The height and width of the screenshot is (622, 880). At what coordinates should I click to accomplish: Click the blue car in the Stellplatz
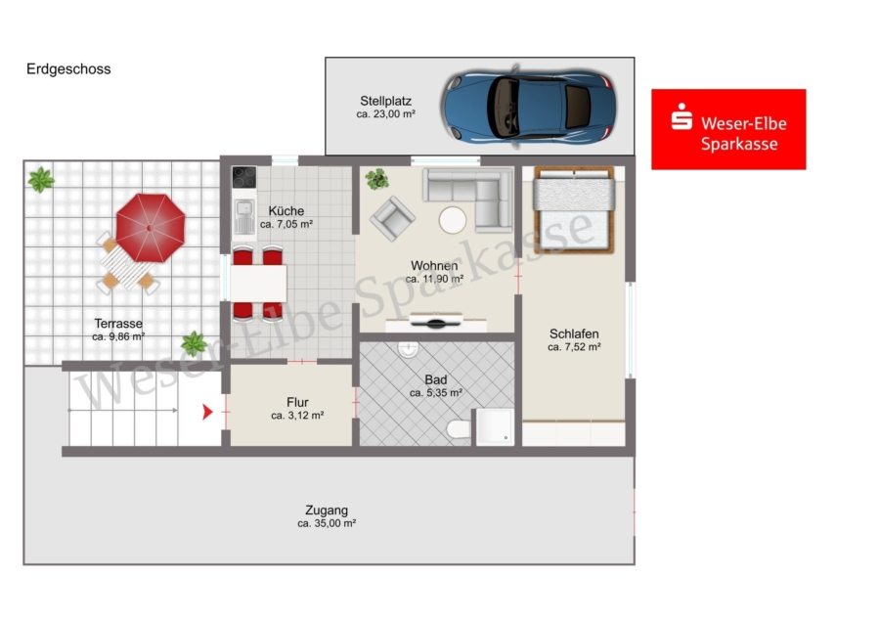(x=529, y=107)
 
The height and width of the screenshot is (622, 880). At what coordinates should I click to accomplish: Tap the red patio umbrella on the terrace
(x=150, y=228)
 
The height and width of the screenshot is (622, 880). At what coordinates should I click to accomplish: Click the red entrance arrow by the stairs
(x=207, y=412)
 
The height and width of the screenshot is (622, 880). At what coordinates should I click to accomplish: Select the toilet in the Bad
(x=460, y=429)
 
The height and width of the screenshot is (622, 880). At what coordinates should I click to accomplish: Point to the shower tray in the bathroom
(x=495, y=426)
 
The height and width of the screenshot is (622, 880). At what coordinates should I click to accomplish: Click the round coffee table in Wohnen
(x=453, y=220)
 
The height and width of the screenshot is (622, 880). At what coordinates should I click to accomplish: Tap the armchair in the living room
(x=392, y=218)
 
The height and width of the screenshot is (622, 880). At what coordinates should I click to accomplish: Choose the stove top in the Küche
(x=244, y=177)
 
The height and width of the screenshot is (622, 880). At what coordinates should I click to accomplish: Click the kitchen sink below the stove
(x=244, y=216)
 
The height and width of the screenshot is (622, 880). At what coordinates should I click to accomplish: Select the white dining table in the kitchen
(x=258, y=283)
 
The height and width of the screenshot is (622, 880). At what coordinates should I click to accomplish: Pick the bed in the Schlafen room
(x=574, y=209)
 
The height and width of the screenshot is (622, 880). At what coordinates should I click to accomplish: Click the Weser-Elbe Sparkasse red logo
(x=728, y=129)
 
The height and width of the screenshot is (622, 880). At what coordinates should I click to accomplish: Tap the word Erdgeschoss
(x=68, y=69)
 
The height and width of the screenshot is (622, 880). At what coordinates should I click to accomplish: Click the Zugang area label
(x=327, y=511)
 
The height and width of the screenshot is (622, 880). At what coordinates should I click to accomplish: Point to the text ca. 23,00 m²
(x=385, y=114)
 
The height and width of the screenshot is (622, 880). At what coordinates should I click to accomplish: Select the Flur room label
(x=297, y=403)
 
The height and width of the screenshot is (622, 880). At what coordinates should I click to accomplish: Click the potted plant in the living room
(x=377, y=179)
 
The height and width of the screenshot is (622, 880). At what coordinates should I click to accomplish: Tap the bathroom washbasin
(x=408, y=349)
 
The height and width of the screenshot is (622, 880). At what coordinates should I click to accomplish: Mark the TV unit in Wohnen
(x=435, y=323)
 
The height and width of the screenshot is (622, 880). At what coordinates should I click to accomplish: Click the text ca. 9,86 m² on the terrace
(x=118, y=336)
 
